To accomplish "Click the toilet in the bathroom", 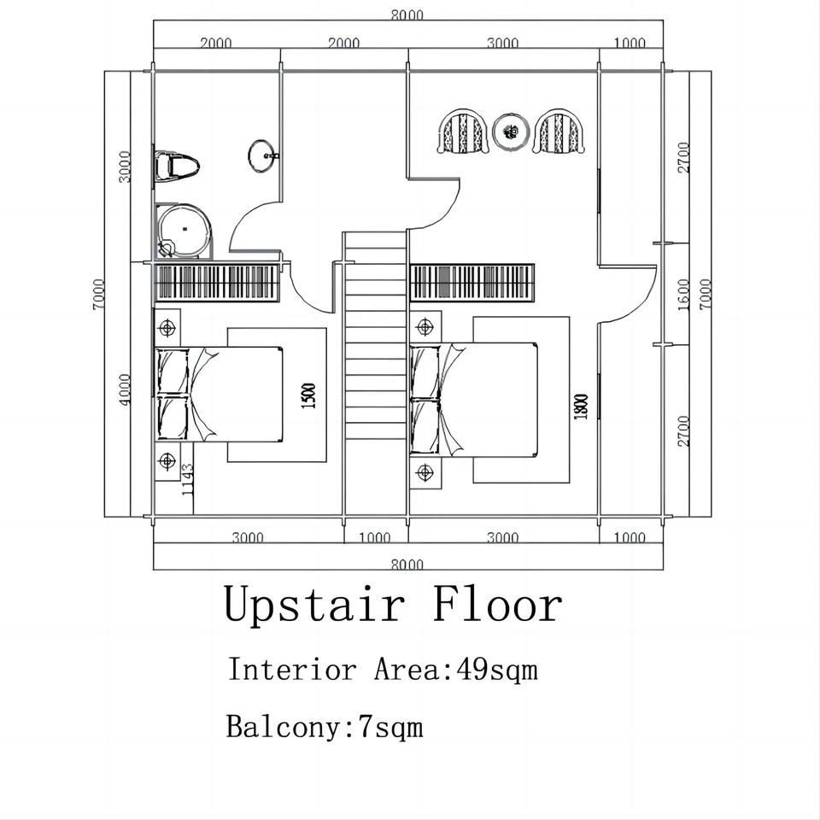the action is coord(176,165).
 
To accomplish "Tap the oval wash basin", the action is coord(262,155).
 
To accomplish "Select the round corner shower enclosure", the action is coord(184,229).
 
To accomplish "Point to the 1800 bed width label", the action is coord(582,405).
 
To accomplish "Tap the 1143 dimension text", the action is coord(189,480).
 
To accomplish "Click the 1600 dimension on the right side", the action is coord(683,294).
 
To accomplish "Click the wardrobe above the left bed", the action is coord(218,281).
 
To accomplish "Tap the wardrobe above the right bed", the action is coord(472,281).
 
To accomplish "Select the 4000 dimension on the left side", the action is coord(125,390).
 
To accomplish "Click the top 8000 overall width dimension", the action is coord(407,15).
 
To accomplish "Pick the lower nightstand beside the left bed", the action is coord(167,461).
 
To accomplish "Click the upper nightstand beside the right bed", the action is coord(425,326).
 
